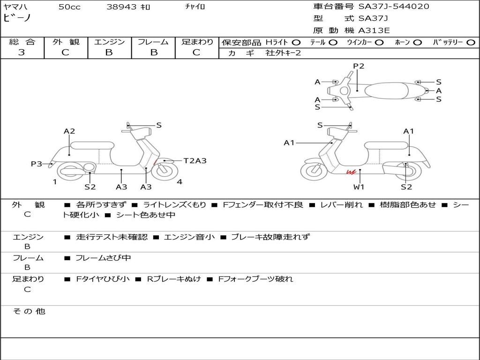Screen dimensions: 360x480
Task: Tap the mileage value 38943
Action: coord(121,7)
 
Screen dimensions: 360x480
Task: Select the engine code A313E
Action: coord(374,30)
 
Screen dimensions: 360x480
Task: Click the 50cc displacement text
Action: coord(69,7)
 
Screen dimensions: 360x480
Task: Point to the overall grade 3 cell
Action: coord(22,52)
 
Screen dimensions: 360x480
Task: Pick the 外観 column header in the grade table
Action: coord(66,42)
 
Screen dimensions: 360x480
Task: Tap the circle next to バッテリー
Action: coord(471,42)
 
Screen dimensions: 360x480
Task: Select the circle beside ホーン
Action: coord(418,42)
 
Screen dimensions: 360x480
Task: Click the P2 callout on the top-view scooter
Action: coord(359,66)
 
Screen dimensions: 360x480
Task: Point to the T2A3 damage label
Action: coord(195,161)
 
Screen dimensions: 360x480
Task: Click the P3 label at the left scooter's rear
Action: coord(37,164)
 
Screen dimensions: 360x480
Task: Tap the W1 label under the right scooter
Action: coord(359,187)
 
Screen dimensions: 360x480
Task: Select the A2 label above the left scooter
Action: coord(69,131)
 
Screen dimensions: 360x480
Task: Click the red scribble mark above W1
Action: coord(351,173)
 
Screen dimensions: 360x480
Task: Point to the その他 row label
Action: coord(29,311)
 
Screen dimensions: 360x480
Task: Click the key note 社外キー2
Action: coord(283,53)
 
